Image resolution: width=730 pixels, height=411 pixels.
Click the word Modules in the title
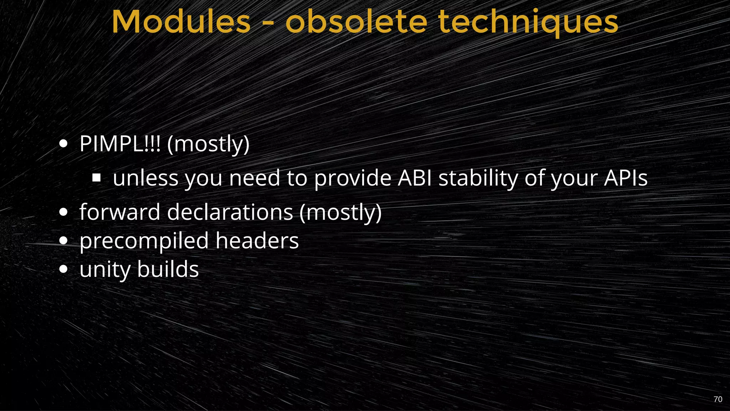click(x=181, y=22)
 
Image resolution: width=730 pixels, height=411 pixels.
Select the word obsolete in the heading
click(x=356, y=22)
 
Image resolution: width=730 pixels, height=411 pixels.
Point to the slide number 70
click(x=718, y=399)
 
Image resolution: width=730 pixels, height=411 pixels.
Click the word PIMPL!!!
click(x=120, y=144)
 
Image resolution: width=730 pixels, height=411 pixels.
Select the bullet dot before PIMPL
click(x=63, y=144)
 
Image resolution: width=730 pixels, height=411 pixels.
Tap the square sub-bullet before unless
click(x=96, y=178)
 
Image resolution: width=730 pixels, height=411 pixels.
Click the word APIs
click(x=626, y=178)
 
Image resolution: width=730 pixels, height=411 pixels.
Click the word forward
click(x=120, y=212)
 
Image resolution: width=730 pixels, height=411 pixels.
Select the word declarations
click(x=230, y=212)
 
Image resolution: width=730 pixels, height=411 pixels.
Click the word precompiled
click(x=144, y=241)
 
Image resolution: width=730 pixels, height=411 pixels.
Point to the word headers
click(x=257, y=240)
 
